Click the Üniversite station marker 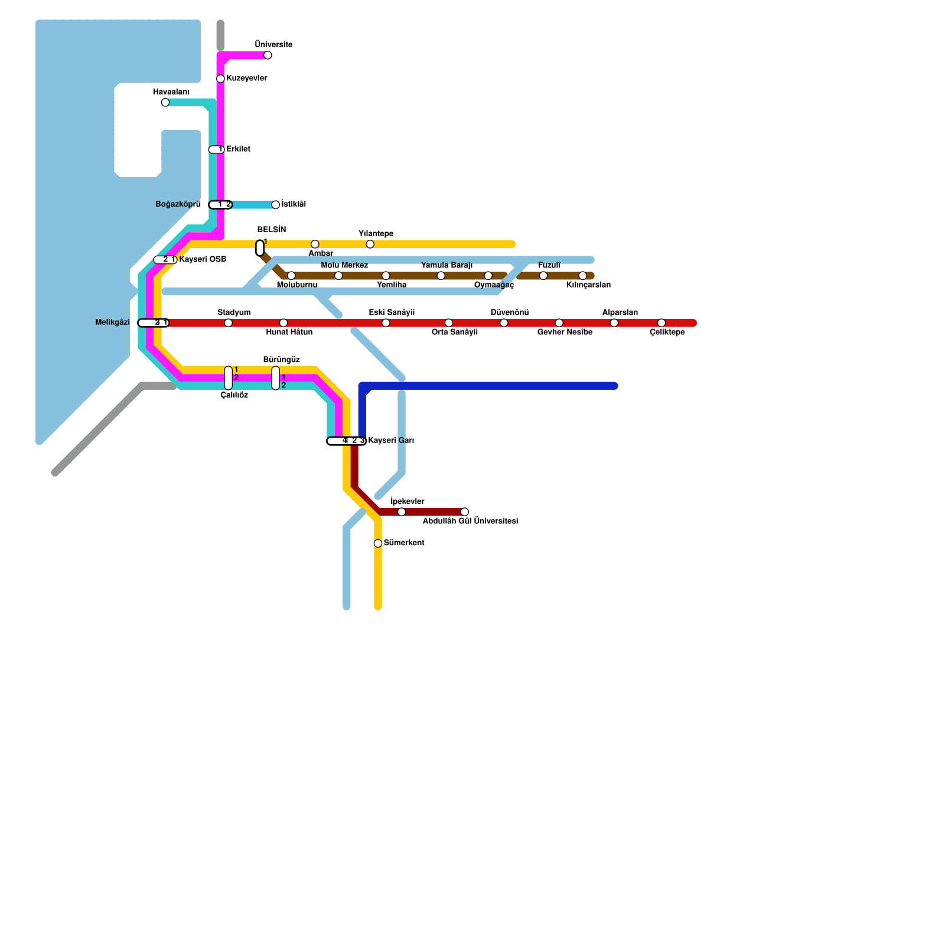coord(268,56)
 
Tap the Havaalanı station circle coord(165,103)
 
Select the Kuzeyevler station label coord(247,79)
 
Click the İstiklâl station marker coord(276,205)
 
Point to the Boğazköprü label coord(178,204)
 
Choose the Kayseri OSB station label coord(203,259)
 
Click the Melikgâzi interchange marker coord(154,323)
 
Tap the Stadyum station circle coord(229,323)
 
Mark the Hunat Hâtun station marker coord(283,323)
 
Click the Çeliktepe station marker coord(661,323)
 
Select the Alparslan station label coord(620,312)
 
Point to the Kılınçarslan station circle coord(583,276)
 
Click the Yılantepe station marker coord(370,245)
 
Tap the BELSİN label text coord(272,230)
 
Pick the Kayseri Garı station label coord(391,441)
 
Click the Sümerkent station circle coord(378,543)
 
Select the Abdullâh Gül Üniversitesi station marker coord(465,512)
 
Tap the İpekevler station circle coord(402,512)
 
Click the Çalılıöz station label coord(234,396)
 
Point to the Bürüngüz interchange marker coord(276,378)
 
